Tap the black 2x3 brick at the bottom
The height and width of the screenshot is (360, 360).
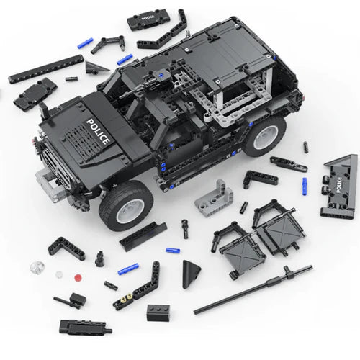[158, 312]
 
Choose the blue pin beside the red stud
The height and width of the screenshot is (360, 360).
[128, 269]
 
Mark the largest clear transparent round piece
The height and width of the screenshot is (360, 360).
[36, 268]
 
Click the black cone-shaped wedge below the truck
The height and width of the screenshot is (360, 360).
[191, 274]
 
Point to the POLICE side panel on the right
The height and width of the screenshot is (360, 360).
[340, 186]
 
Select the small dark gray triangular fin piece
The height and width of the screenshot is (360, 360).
[94, 67]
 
